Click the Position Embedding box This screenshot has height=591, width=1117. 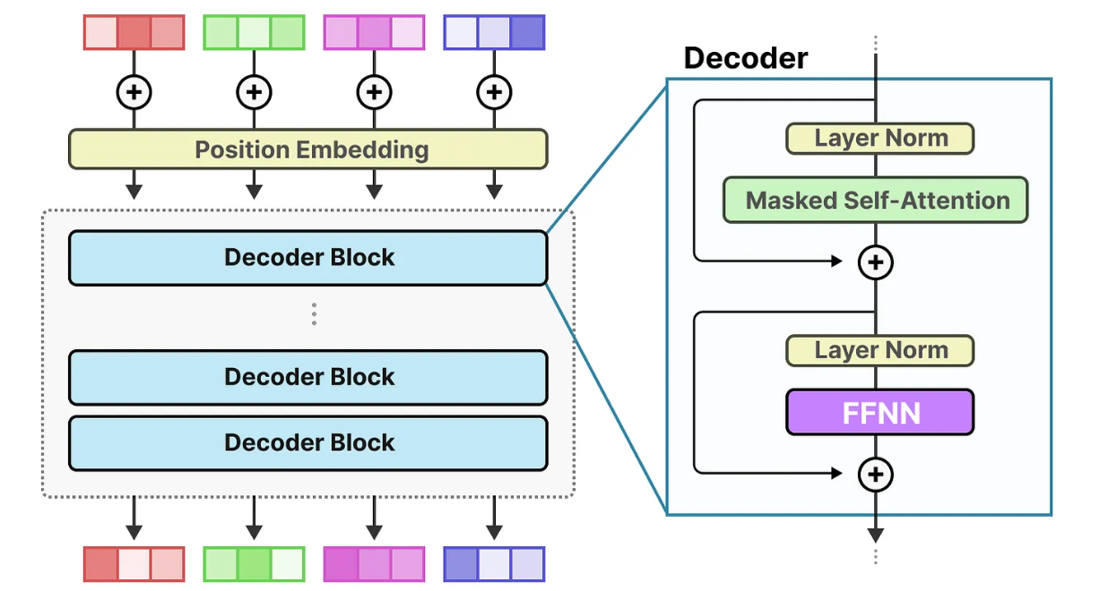(307, 149)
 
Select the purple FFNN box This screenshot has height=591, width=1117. (879, 413)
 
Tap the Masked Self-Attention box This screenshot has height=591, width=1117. (875, 200)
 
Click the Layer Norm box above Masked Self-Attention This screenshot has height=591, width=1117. (879, 138)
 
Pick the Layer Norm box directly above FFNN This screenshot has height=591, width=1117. (879, 350)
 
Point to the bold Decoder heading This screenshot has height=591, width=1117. (745, 58)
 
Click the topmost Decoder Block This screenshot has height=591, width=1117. (307, 258)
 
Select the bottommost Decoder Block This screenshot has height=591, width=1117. (307, 443)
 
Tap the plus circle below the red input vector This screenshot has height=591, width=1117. (134, 91)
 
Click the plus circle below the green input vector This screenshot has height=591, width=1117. (254, 91)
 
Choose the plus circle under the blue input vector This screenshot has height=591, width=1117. (494, 91)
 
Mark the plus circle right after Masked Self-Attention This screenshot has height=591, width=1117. (876, 261)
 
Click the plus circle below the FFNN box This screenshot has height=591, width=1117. (876, 475)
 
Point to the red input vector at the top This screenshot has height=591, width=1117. (134, 32)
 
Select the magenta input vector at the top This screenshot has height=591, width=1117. (374, 32)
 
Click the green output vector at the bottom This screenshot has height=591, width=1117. (254, 564)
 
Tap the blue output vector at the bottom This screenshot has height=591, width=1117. (494, 564)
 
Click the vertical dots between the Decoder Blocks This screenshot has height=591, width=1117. (314, 314)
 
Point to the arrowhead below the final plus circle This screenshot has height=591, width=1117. (876, 535)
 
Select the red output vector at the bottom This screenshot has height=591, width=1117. (134, 564)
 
